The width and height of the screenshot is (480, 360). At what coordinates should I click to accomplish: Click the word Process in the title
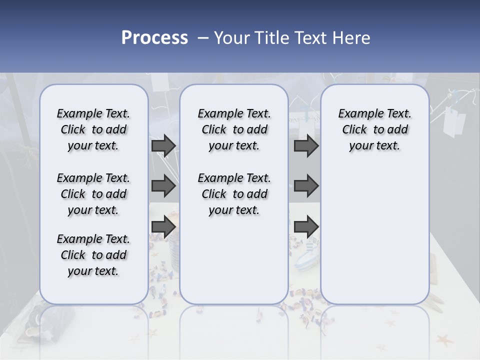coord(154,37)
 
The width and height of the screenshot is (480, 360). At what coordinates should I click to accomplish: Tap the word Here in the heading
coord(352,38)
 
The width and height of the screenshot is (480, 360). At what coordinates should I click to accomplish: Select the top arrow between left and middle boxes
coord(163,145)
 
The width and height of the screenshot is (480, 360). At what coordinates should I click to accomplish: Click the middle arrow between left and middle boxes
coord(163,186)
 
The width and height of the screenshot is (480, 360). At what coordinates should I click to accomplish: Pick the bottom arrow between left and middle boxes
coord(163,226)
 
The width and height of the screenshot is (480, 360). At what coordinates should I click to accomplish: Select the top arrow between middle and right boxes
coord(306,145)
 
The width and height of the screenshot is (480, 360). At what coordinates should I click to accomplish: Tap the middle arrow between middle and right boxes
coord(306,186)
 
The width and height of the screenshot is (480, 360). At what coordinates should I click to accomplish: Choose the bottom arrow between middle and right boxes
coord(306,226)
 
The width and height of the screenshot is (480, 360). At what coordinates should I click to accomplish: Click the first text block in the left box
coord(93,129)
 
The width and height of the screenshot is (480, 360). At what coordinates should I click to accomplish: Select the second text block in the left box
coord(93,194)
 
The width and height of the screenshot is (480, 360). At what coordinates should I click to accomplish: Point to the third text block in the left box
coord(93,255)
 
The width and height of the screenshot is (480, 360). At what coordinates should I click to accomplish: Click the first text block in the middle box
coord(234,129)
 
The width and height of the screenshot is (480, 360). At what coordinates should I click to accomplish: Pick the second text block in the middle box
coord(234,194)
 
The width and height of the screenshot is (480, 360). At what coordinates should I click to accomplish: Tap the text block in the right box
coord(374,129)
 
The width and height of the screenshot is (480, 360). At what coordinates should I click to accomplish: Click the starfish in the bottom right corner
coord(444,341)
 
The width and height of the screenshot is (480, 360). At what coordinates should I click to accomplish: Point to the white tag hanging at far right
coord(454,121)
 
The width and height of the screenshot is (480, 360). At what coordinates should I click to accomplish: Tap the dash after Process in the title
coord(203,37)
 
